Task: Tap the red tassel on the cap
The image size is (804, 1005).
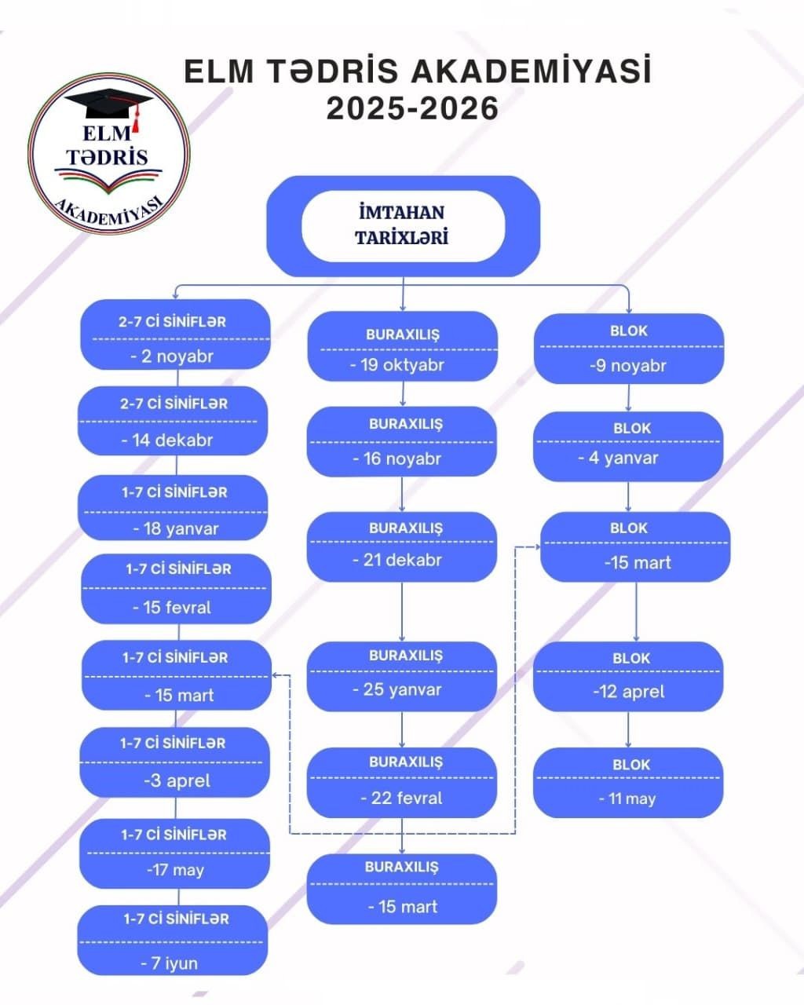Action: [136, 121]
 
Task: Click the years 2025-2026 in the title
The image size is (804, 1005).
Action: [412, 108]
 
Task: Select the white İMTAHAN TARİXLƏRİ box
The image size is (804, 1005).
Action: [403, 225]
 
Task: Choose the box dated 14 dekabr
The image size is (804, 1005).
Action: [173, 421]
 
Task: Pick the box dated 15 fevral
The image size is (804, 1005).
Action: [176, 589]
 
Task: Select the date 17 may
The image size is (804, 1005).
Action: [175, 869]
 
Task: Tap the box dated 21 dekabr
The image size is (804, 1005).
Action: [401, 546]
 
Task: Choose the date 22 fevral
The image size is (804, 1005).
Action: [401, 798]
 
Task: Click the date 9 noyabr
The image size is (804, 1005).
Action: [628, 365]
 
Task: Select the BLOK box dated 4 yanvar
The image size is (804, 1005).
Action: [628, 446]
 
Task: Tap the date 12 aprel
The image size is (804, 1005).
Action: [628, 692]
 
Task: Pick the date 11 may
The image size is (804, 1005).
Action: [627, 799]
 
